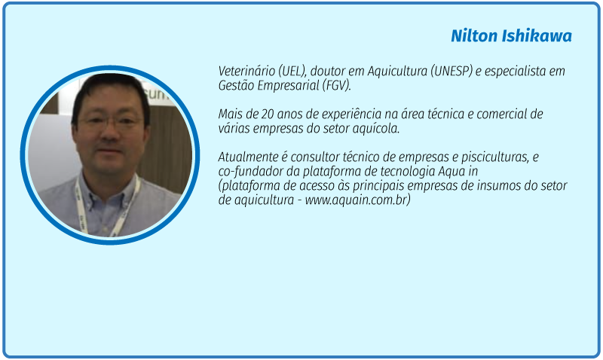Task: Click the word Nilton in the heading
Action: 475,35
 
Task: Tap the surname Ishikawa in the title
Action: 537,35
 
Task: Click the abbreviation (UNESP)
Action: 451,71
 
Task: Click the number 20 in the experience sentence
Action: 268,114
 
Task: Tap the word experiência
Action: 352,114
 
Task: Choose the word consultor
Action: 314,157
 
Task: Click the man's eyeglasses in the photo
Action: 112,122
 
